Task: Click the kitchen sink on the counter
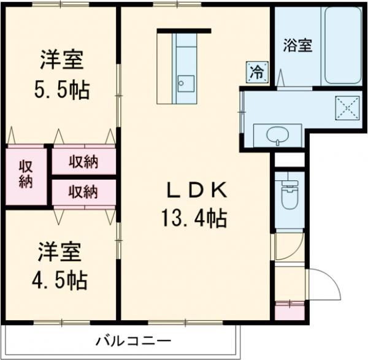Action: tap(185, 82)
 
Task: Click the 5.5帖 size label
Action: tap(61, 90)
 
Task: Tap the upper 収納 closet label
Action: tap(83, 162)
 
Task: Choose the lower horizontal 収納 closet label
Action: tap(83, 192)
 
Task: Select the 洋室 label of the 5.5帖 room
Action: tap(61, 62)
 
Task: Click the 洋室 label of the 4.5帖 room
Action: tap(59, 251)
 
